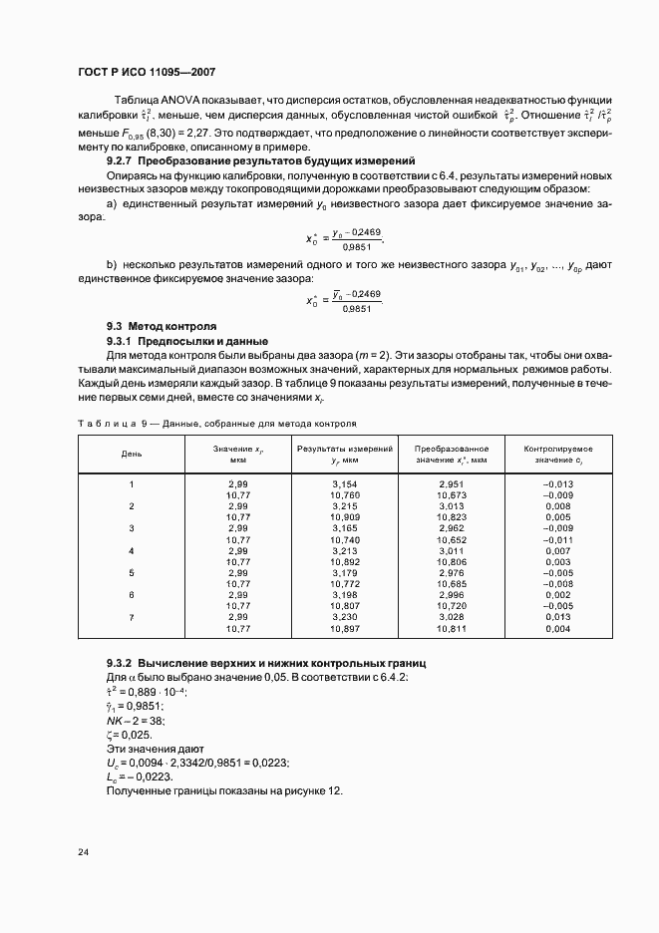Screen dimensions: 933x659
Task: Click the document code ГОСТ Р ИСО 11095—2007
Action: tap(147, 73)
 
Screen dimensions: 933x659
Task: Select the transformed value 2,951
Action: tap(452, 483)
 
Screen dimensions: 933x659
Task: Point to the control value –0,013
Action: tap(558, 483)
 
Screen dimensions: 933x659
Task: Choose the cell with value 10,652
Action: tap(452, 539)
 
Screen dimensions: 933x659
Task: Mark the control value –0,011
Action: tap(558, 539)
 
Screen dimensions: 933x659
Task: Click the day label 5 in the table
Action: tap(132, 573)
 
